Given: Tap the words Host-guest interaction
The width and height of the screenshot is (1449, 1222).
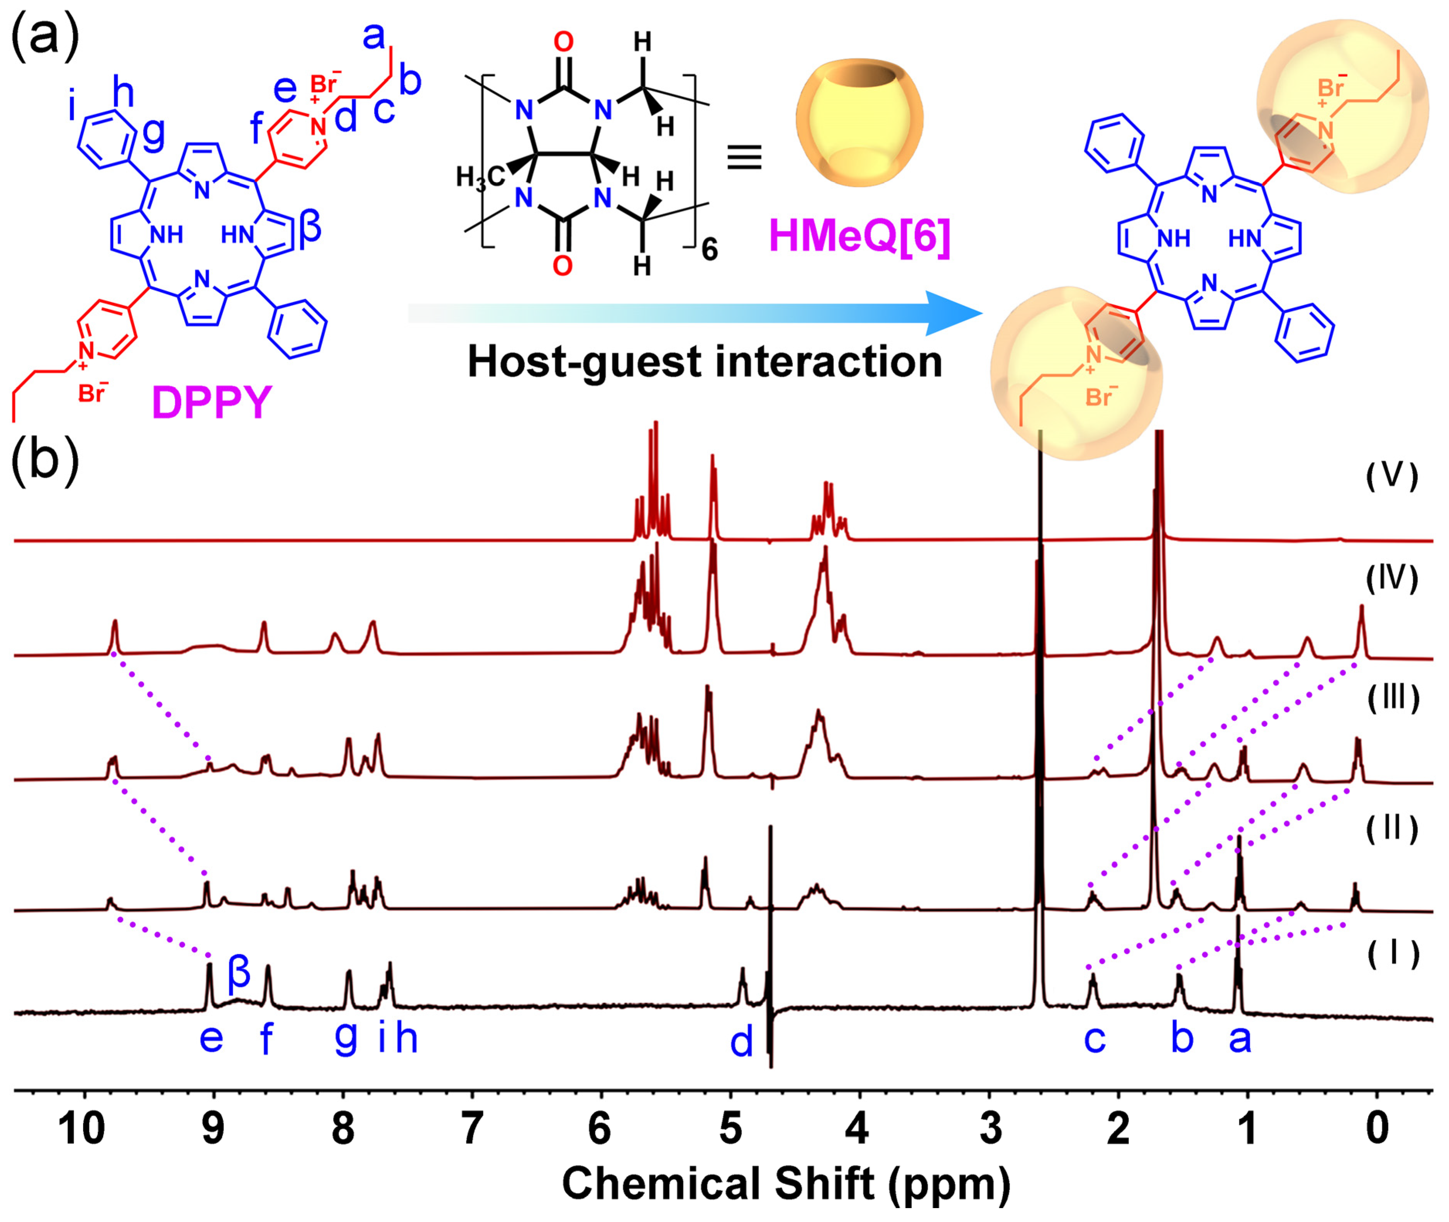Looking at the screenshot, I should (704, 362).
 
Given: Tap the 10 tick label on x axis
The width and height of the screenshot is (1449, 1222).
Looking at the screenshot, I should (82, 1128).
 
